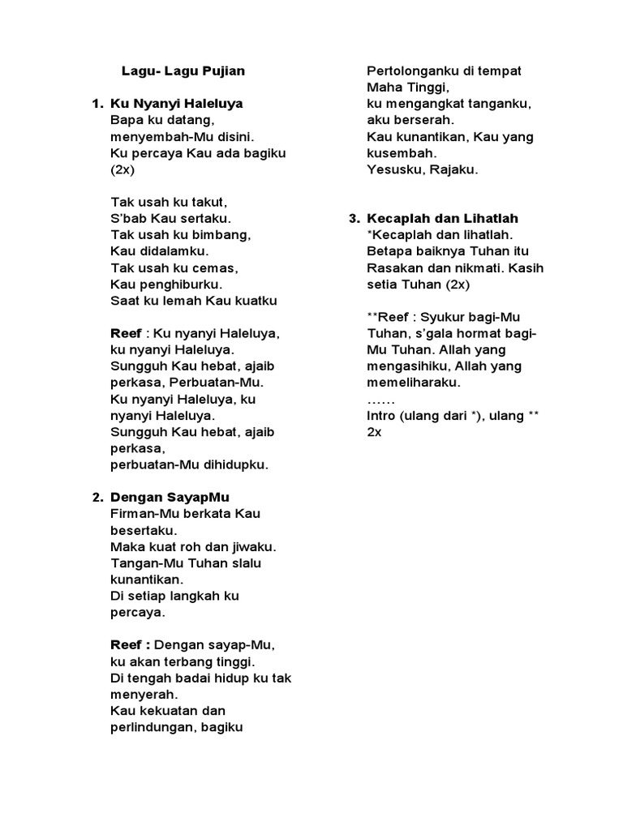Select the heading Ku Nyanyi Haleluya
pyautogui.click(x=176, y=104)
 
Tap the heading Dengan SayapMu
pyautogui.click(x=175, y=497)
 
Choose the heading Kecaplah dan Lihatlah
pyautogui.click(x=442, y=219)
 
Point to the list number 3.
pyautogui.click(x=354, y=219)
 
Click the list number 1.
pyautogui.click(x=97, y=104)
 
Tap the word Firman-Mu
pyautogui.click(x=143, y=514)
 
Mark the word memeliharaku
pyautogui.click(x=412, y=383)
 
